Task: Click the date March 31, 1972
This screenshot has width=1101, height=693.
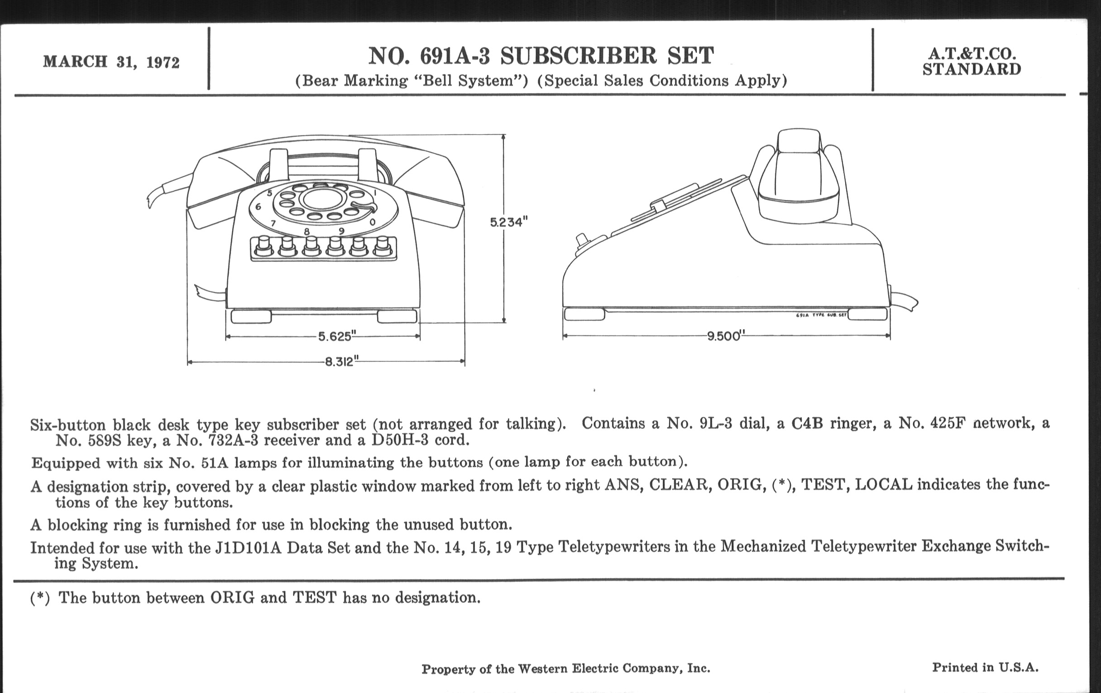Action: pos(111,62)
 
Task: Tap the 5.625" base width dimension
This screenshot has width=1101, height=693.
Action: pos(335,337)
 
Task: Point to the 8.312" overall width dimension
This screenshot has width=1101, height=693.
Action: pos(339,362)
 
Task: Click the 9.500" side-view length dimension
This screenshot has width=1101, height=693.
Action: pos(723,336)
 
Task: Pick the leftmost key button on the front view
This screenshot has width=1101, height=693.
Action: pos(262,247)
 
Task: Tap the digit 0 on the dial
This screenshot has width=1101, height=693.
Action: pos(373,223)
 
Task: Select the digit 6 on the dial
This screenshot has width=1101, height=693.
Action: pos(258,207)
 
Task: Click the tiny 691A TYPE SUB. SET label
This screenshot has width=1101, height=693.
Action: pos(821,315)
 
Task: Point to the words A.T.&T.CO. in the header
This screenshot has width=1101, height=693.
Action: pos(972,54)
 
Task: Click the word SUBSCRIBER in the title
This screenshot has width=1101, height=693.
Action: pos(579,56)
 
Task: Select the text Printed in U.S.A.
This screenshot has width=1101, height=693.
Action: pos(985,667)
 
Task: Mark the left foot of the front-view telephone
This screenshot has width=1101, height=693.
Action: pos(251,316)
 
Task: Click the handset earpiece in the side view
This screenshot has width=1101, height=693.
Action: pos(799,201)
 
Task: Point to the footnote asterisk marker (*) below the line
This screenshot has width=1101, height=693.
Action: pos(40,598)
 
